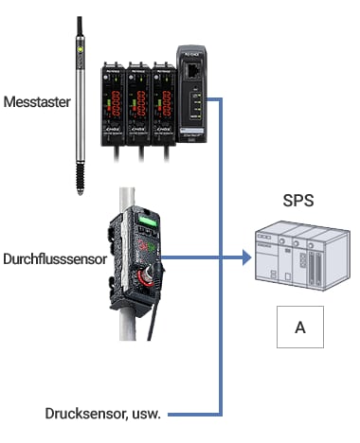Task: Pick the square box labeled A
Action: pyautogui.click(x=300, y=327)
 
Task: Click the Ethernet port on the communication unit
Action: pyautogui.click(x=193, y=71)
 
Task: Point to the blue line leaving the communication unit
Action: pyautogui.click(x=217, y=98)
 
